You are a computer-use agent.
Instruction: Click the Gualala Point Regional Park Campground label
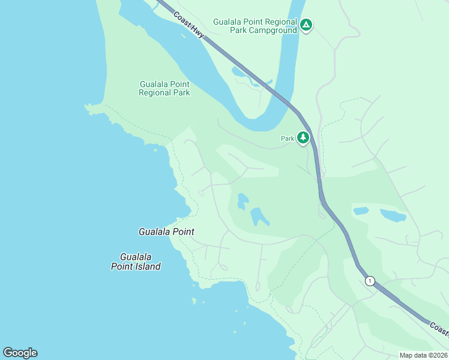click(x=255, y=26)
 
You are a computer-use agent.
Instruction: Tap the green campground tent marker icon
click(x=306, y=25)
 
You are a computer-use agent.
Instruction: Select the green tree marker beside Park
click(x=303, y=138)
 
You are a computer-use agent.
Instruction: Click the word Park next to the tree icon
click(x=288, y=139)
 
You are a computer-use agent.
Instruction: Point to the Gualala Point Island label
click(x=136, y=262)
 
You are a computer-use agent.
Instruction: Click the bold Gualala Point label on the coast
click(x=166, y=232)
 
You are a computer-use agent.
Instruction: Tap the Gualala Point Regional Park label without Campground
click(x=164, y=88)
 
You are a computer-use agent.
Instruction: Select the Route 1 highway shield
click(x=370, y=281)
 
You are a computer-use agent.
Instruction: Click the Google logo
click(x=20, y=353)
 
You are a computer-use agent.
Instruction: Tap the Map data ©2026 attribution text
click(x=423, y=355)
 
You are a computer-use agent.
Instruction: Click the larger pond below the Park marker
click(x=259, y=216)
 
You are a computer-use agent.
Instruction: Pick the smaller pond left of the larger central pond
click(x=243, y=201)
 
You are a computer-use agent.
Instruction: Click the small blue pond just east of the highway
click(x=361, y=211)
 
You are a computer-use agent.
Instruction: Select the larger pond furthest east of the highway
click(x=393, y=215)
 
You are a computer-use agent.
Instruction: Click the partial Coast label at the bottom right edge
click(x=439, y=328)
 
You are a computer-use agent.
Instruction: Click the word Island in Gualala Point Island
click(x=146, y=266)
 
